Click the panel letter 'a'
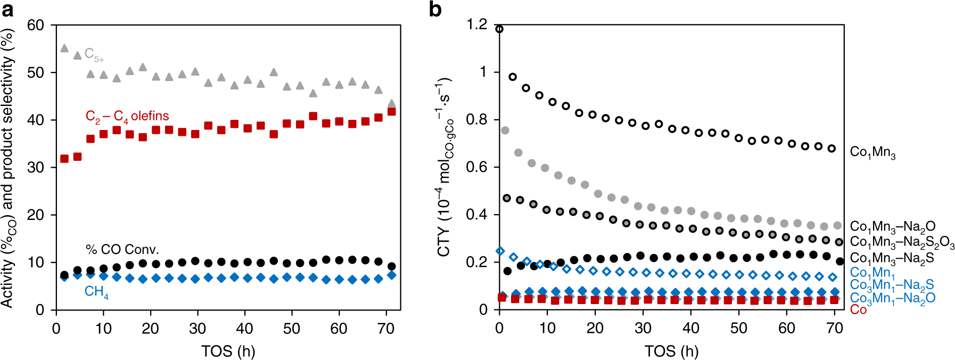[x=7, y=9]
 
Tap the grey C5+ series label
[x=94, y=55]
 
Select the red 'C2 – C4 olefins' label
[x=127, y=117]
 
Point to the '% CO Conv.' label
[x=122, y=249]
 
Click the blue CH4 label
[x=96, y=292]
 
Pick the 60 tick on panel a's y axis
[x=35, y=26]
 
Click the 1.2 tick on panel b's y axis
[x=476, y=24]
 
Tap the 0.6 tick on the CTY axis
[x=476, y=167]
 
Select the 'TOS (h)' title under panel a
[x=228, y=351]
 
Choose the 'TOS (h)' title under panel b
[x=671, y=351]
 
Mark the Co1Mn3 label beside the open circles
[x=872, y=153]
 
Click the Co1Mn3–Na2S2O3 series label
[x=902, y=242]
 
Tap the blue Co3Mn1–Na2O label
[x=892, y=298]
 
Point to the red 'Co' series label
[x=858, y=309]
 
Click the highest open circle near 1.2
[x=499, y=29]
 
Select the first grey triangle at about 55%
[x=64, y=48]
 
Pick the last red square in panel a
[x=391, y=112]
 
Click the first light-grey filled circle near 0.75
[x=505, y=130]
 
